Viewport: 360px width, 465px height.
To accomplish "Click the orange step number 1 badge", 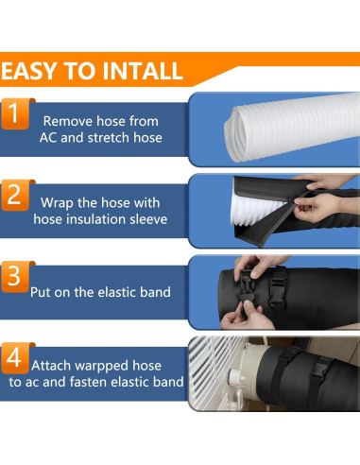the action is click(x=14, y=113).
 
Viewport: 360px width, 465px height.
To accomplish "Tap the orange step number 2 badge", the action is click(x=14, y=195).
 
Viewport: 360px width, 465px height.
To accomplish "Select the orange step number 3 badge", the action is click(x=14, y=277).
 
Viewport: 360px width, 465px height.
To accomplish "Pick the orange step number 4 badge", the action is click(x=14, y=358).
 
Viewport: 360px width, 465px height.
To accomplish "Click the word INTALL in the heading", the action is click(x=143, y=71).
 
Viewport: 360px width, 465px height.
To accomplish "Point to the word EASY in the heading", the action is click(x=29, y=71).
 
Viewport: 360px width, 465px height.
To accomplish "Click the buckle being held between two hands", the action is click(x=246, y=286).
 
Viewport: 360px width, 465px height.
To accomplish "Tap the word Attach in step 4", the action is click(x=51, y=366).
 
